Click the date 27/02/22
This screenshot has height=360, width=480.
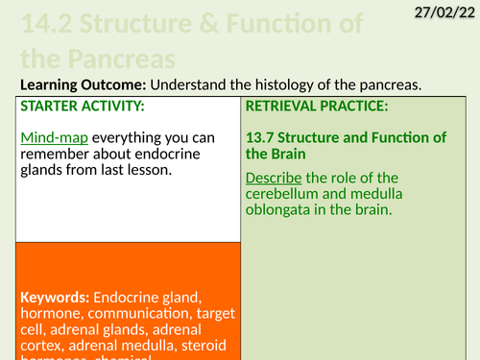[443, 12]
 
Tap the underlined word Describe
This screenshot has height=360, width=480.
[276, 178]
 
